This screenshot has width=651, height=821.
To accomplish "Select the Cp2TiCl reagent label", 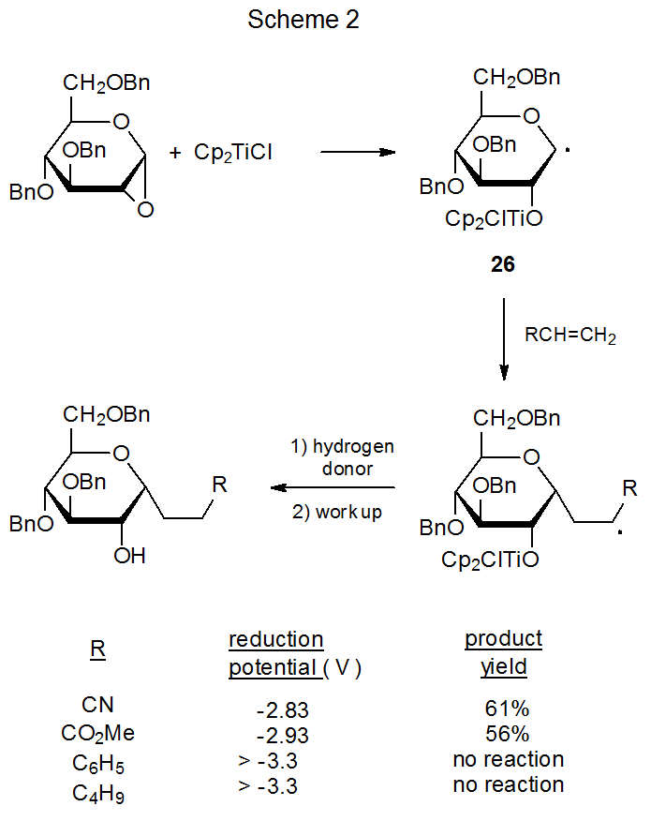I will point(233,152).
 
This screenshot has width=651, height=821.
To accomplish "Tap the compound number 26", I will point(503,265).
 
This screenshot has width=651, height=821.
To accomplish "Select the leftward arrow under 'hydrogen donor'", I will point(332,487).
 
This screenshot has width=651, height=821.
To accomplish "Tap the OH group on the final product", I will point(130,556).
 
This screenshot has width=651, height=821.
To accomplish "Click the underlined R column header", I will point(97,649).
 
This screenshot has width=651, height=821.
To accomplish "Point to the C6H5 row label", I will point(97,762).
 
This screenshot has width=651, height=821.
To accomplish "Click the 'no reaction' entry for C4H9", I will point(508,784).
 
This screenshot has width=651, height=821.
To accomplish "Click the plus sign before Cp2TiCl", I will point(175,152).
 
